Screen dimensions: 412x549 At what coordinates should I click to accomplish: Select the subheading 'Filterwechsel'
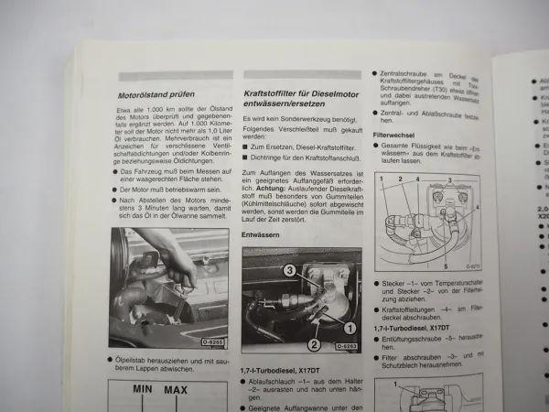tap(395, 135)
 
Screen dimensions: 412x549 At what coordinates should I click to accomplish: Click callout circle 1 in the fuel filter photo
tap(349, 326)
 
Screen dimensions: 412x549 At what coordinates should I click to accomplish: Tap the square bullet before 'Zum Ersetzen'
tap(246, 146)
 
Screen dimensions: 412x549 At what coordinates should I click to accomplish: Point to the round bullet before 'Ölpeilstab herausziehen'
tap(112, 360)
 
